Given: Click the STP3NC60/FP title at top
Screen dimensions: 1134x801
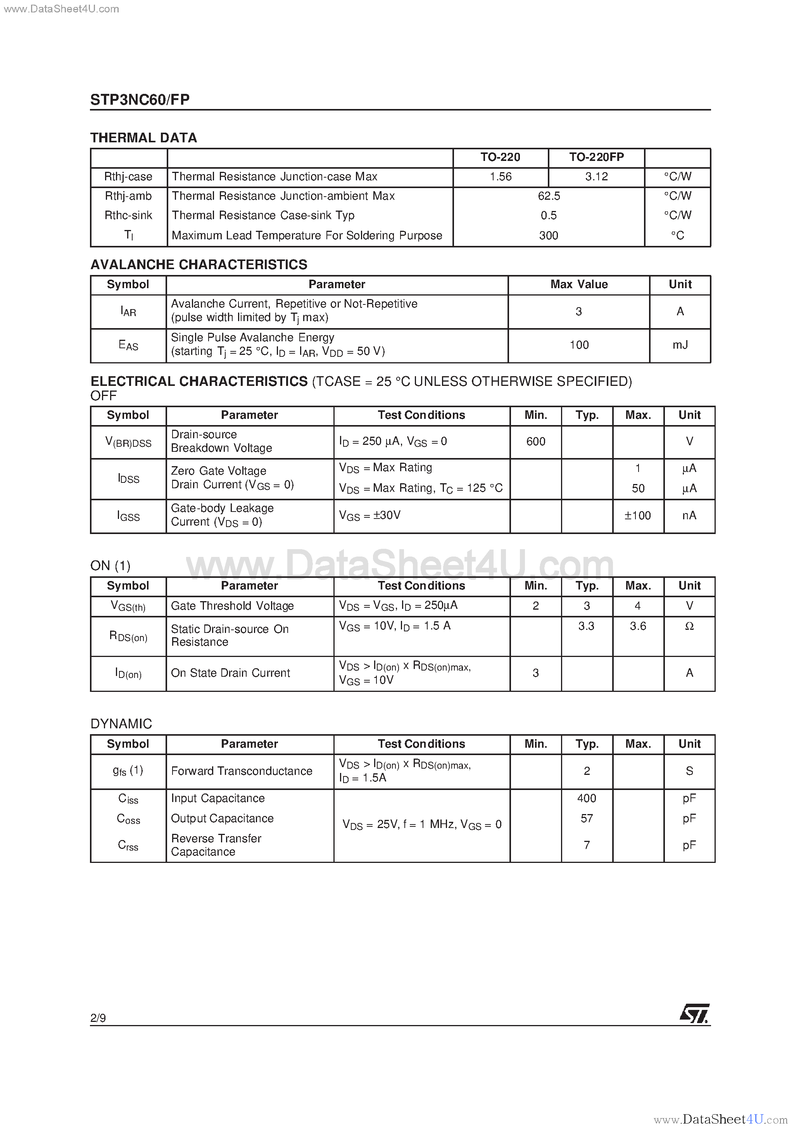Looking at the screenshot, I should point(140,99).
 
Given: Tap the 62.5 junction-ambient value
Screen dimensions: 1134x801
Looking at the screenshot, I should point(549,196).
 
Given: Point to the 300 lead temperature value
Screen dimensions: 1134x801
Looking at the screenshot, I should point(548,235).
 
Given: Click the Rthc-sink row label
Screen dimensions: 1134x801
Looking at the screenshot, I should point(128,215).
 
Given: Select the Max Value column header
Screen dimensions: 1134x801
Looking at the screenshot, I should point(579,285).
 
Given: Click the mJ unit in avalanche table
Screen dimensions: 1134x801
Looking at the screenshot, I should point(680,345).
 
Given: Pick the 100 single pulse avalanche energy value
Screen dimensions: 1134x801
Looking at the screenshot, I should point(579,345).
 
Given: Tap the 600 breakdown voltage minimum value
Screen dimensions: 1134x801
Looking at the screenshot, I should point(535,442).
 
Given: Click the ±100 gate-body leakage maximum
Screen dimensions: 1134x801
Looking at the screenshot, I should point(637,516).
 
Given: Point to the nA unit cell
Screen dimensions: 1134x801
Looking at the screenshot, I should point(689,516).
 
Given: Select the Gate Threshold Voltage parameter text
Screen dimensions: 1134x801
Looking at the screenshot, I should point(232,606).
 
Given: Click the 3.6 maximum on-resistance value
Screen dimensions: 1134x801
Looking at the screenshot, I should point(637,626).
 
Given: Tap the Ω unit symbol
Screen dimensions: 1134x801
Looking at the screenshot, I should point(689,626).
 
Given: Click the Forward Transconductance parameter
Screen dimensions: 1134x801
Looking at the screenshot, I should point(242,771).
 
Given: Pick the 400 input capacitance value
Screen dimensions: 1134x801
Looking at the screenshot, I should point(587,798).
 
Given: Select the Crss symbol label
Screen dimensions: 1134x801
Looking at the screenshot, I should point(128,845).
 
